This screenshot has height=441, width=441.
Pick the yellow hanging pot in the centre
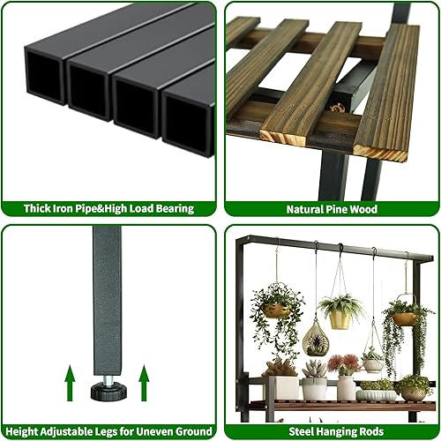pyautogui.click(x=340, y=318)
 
